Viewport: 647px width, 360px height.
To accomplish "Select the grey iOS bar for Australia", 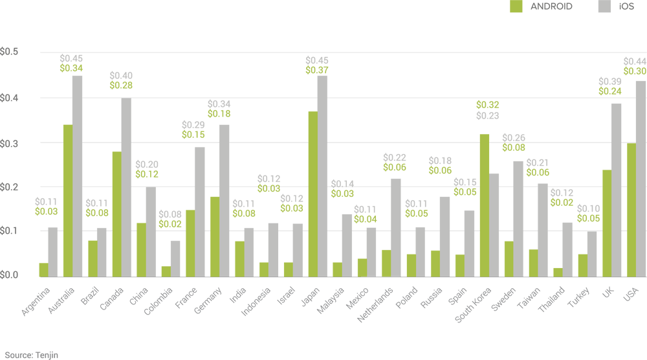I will click(x=77, y=175).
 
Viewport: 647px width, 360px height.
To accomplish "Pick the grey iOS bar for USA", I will click(x=641, y=178).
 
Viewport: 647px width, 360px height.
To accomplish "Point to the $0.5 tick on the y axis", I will click(x=9, y=52).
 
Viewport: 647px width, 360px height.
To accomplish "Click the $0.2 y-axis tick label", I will click(x=9, y=186).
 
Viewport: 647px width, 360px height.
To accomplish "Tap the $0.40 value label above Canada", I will click(x=120, y=75).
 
